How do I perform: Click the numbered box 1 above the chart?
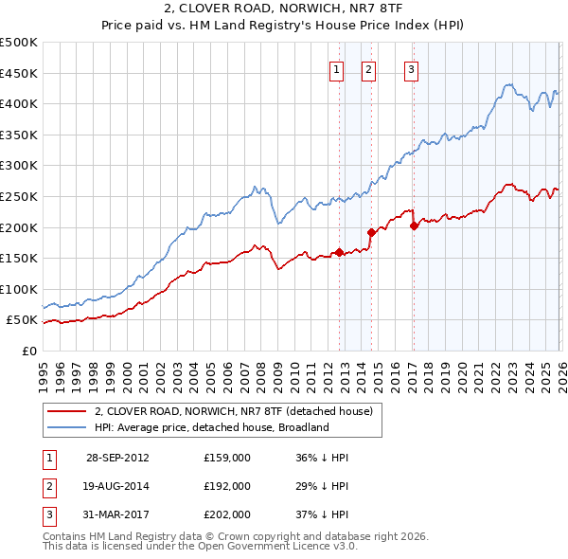(x=337, y=68)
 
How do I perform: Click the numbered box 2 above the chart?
(x=368, y=68)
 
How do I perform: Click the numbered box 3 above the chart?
(x=412, y=68)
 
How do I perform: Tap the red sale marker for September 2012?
(x=339, y=252)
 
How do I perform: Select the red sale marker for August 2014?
(x=371, y=231)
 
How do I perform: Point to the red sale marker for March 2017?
(x=415, y=225)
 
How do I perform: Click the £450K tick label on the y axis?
(x=19, y=73)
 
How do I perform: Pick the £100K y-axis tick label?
(x=19, y=289)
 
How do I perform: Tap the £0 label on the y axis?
(x=27, y=351)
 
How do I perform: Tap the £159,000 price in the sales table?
(x=227, y=458)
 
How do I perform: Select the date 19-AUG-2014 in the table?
(x=117, y=485)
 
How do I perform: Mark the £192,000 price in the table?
(x=227, y=485)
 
